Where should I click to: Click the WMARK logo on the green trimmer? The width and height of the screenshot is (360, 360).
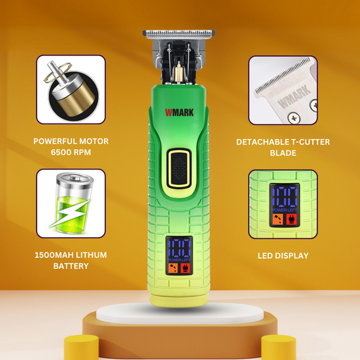coord(179,112)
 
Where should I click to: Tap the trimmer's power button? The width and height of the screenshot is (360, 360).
coord(179,168)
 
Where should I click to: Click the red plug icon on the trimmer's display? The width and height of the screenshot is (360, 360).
coord(186,268)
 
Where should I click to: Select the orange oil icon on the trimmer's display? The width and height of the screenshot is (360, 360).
coord(174,268)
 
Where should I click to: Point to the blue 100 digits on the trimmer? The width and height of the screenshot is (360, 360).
coord(179,248)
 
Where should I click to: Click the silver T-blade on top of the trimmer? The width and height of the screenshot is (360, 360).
coord(178,34)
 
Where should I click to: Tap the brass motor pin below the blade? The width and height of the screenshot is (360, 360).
coord(178,72)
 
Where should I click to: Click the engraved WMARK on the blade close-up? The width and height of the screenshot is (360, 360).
coord(294,96)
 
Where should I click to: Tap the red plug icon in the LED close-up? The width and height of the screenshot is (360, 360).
coord(292,220)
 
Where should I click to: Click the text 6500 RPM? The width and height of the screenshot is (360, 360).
coord(71,152)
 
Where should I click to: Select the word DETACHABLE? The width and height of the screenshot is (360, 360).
coord(263,142)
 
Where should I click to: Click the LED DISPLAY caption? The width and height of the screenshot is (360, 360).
coord(283,255)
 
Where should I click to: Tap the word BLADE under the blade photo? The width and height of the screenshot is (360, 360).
coord(283,153)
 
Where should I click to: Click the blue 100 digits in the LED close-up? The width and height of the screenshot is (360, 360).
coord(285,197)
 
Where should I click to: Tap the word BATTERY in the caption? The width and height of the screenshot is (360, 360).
coord(71,266)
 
